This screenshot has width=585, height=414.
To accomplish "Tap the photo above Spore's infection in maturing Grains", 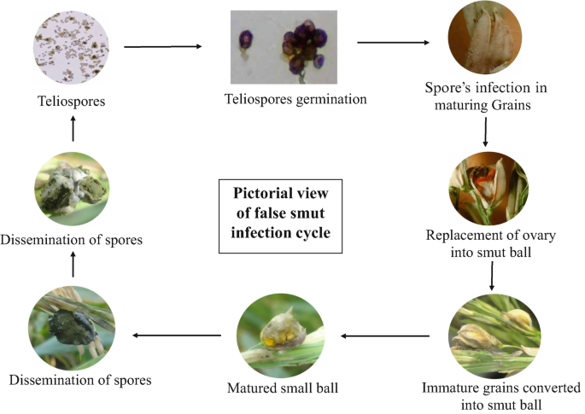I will [483, 41].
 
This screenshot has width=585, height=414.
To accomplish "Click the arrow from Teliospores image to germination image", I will [163, 47].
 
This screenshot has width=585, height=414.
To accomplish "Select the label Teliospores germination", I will [281, 99].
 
